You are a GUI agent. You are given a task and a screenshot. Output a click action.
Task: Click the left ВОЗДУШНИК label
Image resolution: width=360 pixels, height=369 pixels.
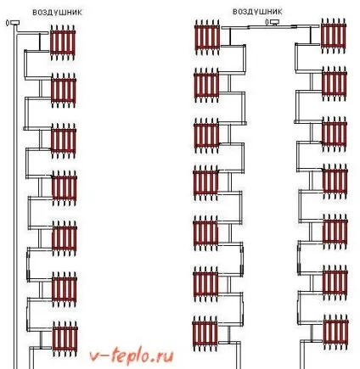[58, 13]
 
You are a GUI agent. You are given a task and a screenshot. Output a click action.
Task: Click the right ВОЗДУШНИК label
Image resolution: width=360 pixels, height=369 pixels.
[257, 12]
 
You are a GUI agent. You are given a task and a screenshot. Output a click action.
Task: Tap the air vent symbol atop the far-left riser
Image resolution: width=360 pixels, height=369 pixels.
[13, 23]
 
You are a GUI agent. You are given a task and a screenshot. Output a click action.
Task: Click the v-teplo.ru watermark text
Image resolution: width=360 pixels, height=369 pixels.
[132, 356]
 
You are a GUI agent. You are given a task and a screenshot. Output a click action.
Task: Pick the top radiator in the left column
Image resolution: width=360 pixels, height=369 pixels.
[63, 42]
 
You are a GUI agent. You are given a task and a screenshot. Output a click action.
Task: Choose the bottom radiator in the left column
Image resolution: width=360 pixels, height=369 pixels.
[65, 339]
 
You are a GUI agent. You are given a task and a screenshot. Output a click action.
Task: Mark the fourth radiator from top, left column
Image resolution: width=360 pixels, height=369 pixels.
[64, 188]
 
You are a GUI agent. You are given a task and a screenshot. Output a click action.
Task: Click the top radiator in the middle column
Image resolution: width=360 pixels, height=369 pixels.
[207, 36]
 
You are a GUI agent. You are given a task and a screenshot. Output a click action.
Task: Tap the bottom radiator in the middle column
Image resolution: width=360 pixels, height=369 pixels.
[205, 333]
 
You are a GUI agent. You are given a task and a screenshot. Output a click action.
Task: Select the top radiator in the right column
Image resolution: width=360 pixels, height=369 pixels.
[334, 36]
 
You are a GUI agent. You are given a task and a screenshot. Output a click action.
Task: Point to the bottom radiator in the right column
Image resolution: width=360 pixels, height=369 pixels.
[335, 333]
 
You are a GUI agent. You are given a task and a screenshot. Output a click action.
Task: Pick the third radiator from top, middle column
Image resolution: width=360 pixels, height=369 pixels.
[206, 136]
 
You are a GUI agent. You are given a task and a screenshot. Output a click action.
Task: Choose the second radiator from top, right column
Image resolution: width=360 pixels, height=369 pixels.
[335, 84]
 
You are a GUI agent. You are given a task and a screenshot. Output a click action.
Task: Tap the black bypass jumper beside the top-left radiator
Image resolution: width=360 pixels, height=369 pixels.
[40, 42]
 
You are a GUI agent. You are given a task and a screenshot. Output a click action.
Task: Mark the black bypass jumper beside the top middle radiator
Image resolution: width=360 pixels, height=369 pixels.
[230, 36]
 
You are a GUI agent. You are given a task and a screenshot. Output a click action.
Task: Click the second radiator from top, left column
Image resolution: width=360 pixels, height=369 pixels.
[64, 91]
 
